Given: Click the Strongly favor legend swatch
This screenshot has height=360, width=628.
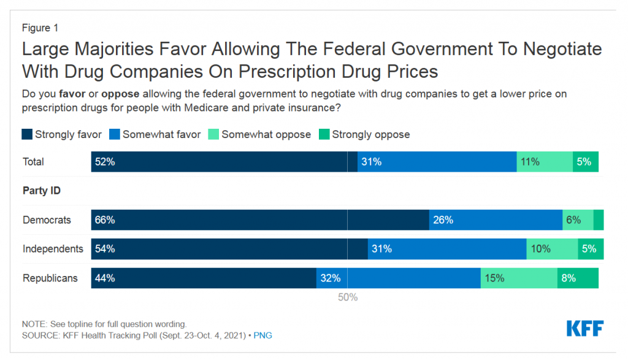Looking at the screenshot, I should click(x=27, y=134).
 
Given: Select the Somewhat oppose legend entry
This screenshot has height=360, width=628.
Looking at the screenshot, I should click(x=266, y=134).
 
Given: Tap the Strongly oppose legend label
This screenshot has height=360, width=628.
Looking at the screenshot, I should click(x=370, y=134).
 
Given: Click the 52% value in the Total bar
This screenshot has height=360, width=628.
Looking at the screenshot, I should click(x=105, y=162).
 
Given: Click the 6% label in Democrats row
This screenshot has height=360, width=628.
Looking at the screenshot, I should click(x=573, y=220).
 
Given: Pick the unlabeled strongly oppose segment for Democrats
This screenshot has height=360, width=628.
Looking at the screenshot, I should click(x=599, y=220).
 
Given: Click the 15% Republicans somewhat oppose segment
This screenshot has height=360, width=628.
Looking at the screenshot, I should click(x=519, y=278).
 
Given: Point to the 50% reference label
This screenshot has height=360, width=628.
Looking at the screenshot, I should click(x=348, y=297).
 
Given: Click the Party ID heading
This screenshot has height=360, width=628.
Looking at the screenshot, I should click(x=42, y=191).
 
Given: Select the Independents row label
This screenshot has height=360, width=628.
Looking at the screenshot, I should click(x=53, y=249).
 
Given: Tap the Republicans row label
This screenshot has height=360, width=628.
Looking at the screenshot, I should click(x=50, y=278).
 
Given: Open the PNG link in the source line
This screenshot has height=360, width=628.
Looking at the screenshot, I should click(x=263, y=335).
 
